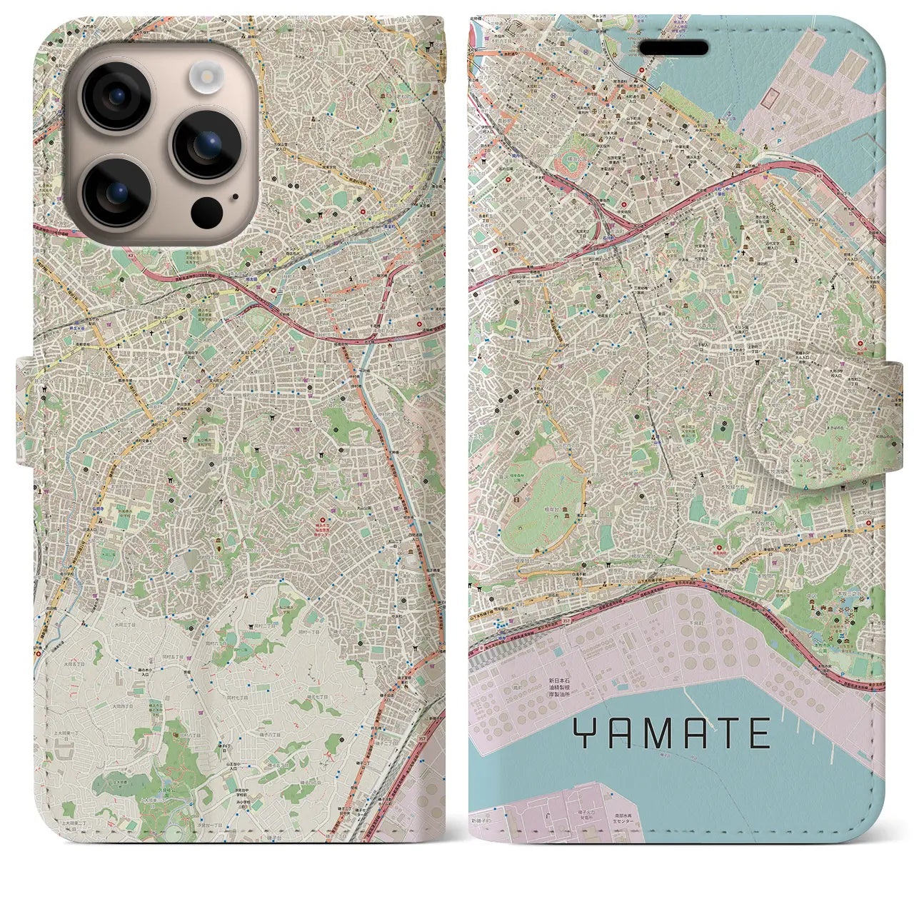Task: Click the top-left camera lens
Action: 116,96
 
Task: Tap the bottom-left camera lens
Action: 116,191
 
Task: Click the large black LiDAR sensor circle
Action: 206,212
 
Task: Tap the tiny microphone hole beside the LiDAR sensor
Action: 233,196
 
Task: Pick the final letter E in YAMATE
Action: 758,733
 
